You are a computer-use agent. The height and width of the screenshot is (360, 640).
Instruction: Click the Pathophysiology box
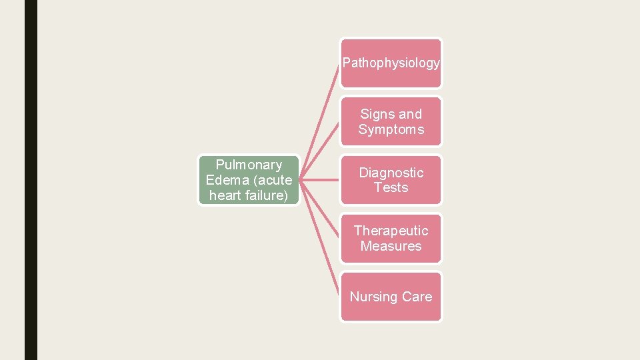pyautogui.click(x=391, y=63)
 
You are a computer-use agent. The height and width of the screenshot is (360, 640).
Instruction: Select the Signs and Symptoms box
pyautogui.click(x=391, y=121)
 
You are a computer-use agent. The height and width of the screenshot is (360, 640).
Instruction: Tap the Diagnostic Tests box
pyautogui.click(x=391, y=180)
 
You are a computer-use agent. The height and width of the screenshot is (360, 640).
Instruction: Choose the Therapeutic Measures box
pyautogui.click(x=391, y=238)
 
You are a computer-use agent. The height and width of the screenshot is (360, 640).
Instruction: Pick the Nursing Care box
pyautogui.click(x=391, y=297)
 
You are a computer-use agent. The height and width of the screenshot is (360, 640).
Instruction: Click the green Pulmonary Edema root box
pyautogui.click(x=249, y=180)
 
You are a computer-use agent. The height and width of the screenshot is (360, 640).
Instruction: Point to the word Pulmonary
pyautogui.click(x=249, y=165)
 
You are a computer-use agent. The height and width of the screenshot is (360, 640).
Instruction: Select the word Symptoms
pyautogui.click(x=391, y=129)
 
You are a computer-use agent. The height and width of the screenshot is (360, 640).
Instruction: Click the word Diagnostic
pyautogui.click(x=391, y=173)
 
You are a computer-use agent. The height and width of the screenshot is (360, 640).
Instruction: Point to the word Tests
pyautogui.click(x=391, y=188)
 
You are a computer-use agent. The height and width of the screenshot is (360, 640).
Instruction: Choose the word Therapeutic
pyautogui.click(x=391, y=231)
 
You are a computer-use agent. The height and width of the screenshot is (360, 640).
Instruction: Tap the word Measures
pyautogui.click(x=391, y=246)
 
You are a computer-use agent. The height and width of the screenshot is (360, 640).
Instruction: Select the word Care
pyautogui.click(x=417, y=297)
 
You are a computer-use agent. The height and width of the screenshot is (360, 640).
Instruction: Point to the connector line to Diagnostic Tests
pyautogui.click(x=320, y=180)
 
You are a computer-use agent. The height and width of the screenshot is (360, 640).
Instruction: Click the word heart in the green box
pyautogui.click(x=225, y=195)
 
